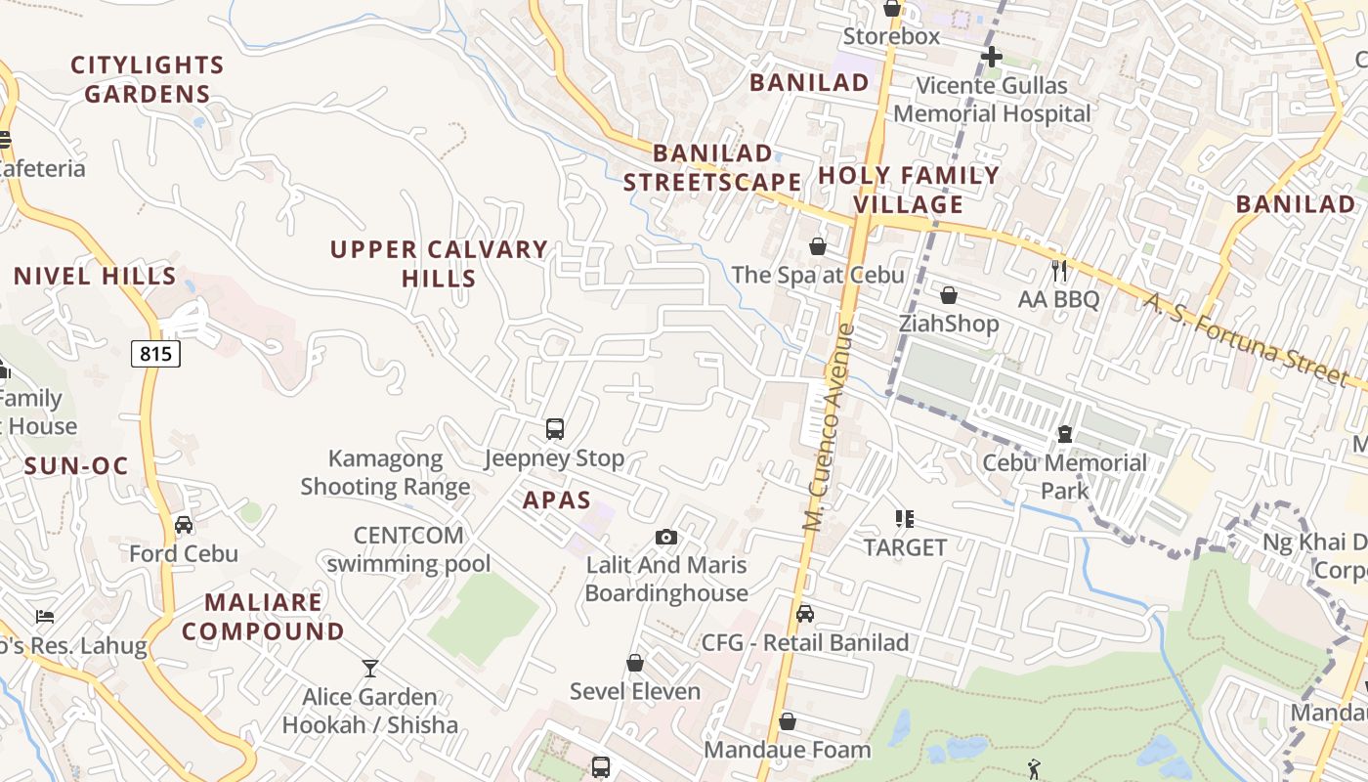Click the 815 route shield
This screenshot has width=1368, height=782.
(155, 354)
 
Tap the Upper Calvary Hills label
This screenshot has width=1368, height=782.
(439, 264)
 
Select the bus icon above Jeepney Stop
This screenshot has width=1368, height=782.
(555, 428)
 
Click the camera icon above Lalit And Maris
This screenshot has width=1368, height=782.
(666, 537)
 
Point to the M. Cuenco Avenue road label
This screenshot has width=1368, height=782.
(828, 427)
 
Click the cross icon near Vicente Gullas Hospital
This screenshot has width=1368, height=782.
(992, 57)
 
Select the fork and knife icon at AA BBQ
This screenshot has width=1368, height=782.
(1059, 270)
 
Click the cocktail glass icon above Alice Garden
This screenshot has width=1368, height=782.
(370, 669)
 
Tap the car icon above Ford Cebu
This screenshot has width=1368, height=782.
(184, 525)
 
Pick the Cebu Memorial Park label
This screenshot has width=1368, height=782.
(1064, 476)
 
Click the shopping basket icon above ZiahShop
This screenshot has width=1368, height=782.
(948, 295)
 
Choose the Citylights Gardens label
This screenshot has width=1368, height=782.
(148, 80)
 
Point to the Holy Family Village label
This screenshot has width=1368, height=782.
(909, 190)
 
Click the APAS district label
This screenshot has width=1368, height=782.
(557, 500)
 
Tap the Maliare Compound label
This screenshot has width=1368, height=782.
(263, 617)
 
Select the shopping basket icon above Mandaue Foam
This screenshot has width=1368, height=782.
(788, 721)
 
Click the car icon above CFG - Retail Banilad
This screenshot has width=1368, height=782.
(805, 614)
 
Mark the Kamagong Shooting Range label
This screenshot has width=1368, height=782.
(385, 472)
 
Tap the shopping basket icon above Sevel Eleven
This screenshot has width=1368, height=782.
(635, 663)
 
